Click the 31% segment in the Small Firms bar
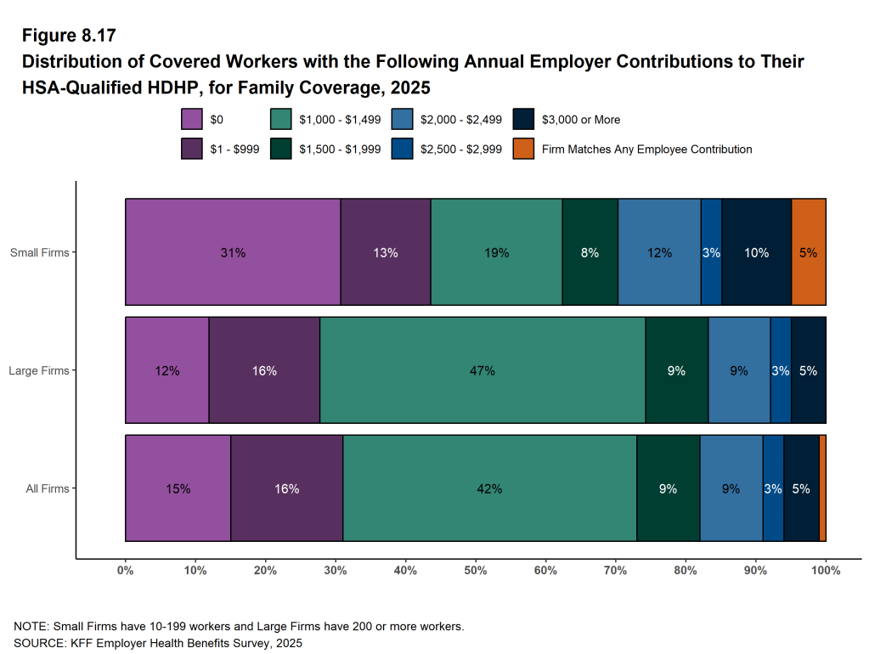[233, 252]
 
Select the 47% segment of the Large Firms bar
[482, 370]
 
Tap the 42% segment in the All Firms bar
[490, 488]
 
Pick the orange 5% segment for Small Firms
[808, 252]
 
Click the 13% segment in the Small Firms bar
[386, 252]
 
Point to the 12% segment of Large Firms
[167, 370]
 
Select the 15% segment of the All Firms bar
[178, 488]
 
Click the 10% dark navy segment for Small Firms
[756, 252]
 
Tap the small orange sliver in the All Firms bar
[822, 488]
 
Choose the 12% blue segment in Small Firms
[659, 252]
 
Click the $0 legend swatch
[192, 120]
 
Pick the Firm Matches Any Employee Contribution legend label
[646, 149]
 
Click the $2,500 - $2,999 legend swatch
[402, 149]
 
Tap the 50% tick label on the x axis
[476, 571]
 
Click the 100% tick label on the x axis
[826, 571]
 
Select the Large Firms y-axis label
[38, 370]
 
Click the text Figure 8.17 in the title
[69, 36]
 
